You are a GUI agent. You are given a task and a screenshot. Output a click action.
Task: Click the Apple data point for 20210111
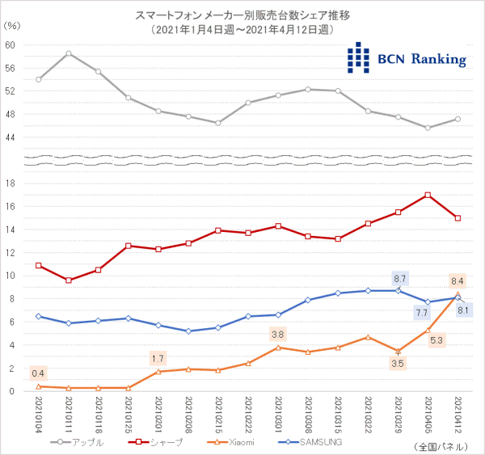tap(69, 53)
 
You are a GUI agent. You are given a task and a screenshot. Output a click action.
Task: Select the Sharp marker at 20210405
tap(428, 195)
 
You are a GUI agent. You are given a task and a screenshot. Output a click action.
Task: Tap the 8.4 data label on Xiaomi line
tap(458, 281)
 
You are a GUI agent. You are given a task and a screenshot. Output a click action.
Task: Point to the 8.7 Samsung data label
tap(399, 277)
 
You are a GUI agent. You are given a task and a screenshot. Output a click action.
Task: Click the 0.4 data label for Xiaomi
tap(39, 373)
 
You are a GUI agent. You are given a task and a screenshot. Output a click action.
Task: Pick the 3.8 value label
tap(277, 334)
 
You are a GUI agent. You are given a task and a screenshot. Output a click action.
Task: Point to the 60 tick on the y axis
tap(11, 44)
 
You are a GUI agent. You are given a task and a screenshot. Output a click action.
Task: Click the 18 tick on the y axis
tap(11, 183)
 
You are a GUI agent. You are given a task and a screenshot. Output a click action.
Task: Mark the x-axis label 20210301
tap(278, 414)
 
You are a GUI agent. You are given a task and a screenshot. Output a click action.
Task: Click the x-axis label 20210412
tap(458, 414)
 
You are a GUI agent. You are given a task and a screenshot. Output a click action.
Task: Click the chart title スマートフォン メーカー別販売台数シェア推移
tap(242, 15)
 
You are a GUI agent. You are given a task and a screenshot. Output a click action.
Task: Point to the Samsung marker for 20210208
tap(188, 331)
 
